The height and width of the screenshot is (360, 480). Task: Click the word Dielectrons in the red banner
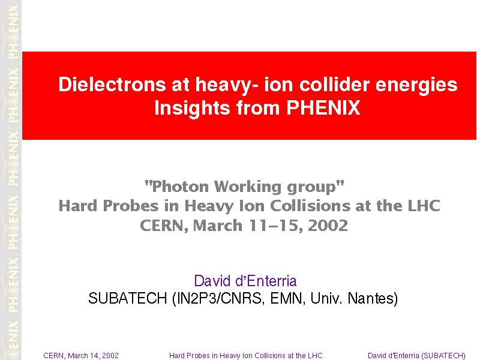(112, 84)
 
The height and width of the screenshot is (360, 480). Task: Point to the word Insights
(192, 109)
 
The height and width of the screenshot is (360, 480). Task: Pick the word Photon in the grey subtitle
(180, 187)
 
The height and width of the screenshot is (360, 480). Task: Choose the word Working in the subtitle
(247, 187)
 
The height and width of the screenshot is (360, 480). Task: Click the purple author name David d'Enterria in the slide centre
(245, 281)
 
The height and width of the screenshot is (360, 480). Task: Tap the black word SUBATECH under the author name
(127, 298)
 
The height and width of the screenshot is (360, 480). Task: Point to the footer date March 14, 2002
(93, 355)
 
